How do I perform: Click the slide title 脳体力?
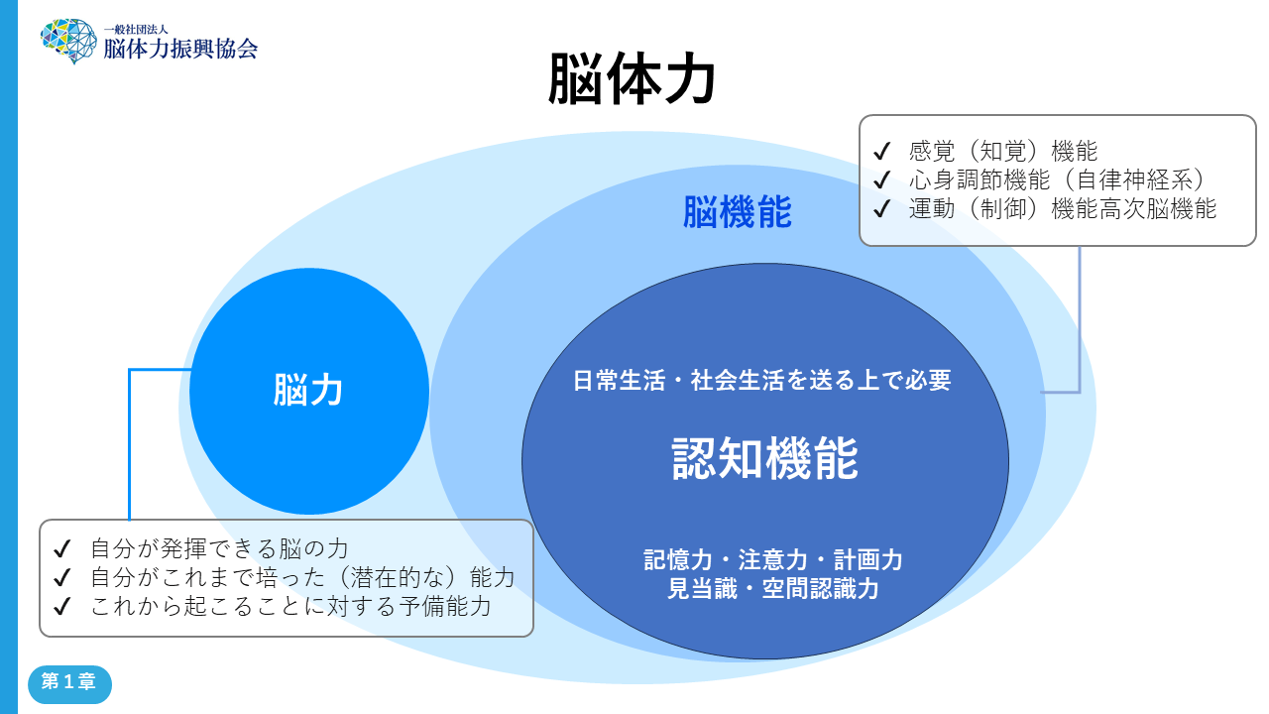pos(632,80)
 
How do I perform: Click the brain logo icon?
pos(68,41)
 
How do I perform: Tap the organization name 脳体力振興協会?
pos(180,48)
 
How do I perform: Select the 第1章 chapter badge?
pos(69,683)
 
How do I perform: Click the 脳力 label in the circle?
pos(308,391)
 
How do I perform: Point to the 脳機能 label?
pos(738,212)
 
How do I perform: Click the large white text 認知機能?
pos(764,459)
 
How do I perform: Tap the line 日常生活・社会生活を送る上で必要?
pos(761,380)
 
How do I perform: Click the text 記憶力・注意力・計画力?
pos(772,559)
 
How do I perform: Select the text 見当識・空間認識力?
pos(772,589)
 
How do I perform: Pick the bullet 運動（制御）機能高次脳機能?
pos(1062,209)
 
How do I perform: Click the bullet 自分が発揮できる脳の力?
pos(219,548)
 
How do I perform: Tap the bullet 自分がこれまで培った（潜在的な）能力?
pos(302,577)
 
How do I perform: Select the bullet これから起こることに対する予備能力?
pos(290,606)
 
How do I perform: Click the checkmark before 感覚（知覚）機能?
pos(880,152)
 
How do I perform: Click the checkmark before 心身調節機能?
pos(880,180)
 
